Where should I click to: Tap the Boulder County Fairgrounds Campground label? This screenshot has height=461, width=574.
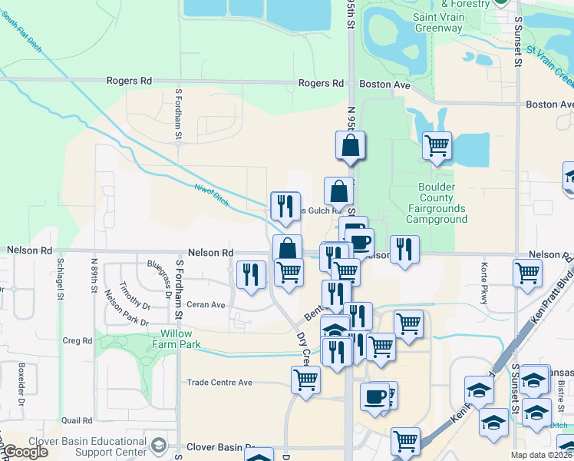437,203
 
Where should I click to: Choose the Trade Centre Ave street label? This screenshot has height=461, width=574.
220,382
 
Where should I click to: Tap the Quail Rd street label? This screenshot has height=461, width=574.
77,420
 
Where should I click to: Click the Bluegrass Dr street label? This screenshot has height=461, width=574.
159,275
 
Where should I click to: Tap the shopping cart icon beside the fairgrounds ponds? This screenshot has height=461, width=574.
437,144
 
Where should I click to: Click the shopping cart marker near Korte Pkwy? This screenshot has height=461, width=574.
527,272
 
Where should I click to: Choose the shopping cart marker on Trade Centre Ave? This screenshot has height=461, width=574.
305,378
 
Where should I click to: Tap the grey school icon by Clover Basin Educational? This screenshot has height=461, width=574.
159,445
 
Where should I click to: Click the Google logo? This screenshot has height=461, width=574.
27,452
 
